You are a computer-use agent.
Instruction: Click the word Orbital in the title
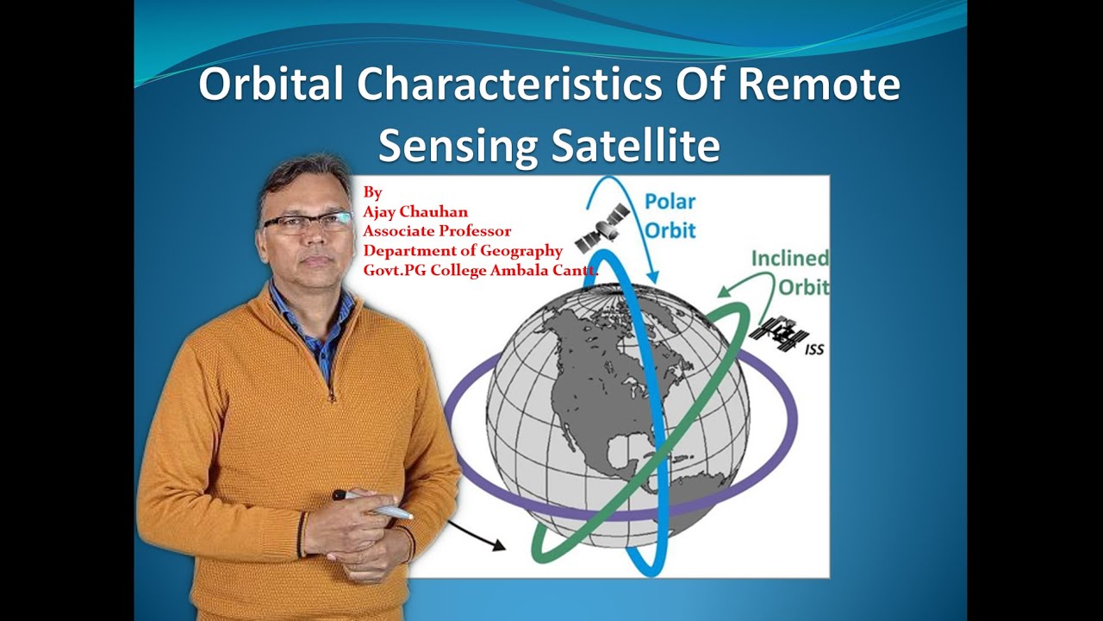coord(271,85)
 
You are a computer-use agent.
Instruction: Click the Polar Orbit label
coord(670,216)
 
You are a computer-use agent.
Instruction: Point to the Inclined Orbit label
coord(790,272)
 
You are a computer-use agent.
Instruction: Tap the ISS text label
coord(814,349)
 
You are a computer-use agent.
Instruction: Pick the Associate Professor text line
coord(437,231)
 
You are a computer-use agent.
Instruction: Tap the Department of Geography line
coord(463,251)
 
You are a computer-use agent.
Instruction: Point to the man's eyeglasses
coord(308,222)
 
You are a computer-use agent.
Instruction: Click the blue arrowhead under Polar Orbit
coord(652,276)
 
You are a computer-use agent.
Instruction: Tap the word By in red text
coord(372,192)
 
